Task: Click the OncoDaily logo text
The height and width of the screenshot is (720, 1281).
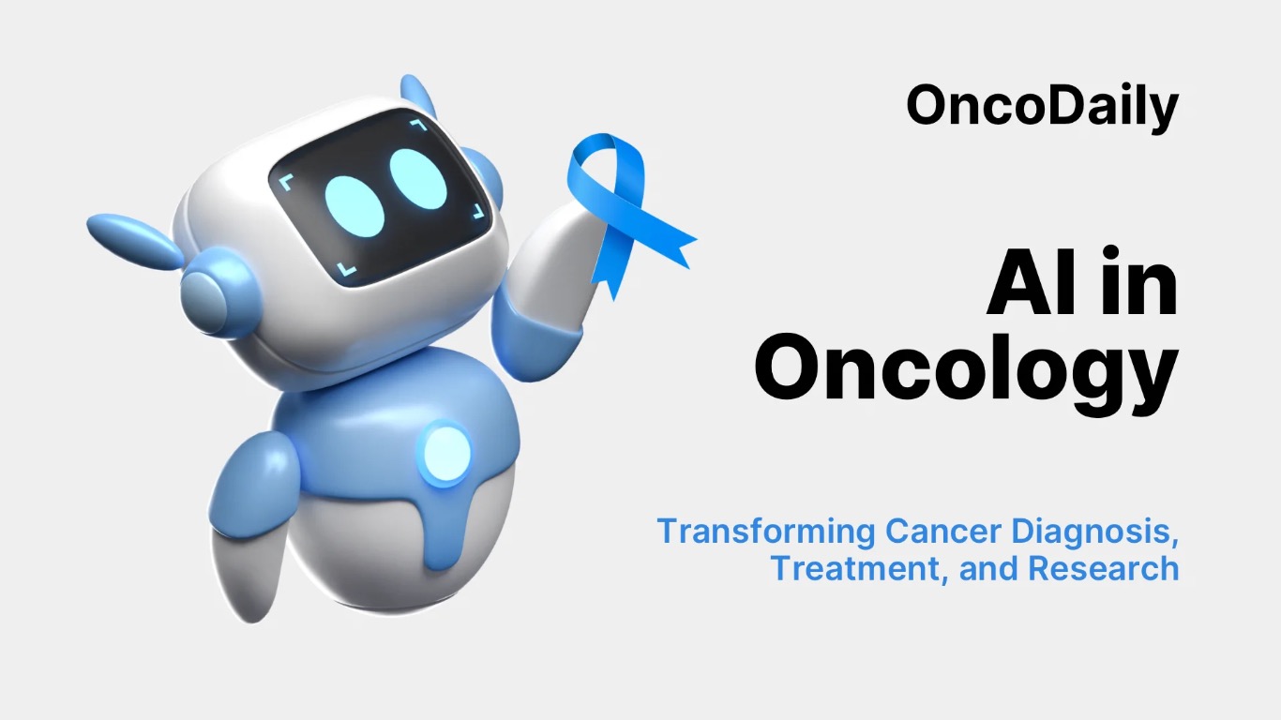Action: coord(1042,105)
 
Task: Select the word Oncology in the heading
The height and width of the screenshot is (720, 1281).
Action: coord(966,371)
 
